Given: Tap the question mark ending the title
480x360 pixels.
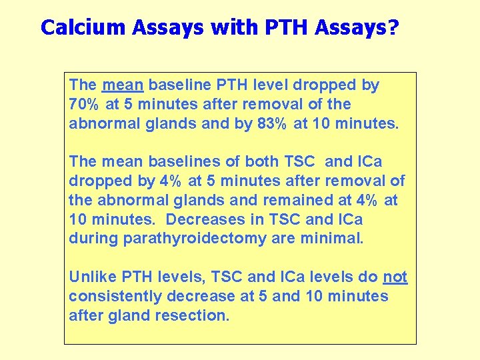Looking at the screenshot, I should click(x=393, y=27).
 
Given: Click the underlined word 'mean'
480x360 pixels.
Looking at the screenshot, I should click(x=123, y=85).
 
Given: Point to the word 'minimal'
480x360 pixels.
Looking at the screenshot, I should click(x=331, y=239).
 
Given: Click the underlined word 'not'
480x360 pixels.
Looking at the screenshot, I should click(x=395, y=277).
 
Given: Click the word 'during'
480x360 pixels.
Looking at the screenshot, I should click(x=93, y=239).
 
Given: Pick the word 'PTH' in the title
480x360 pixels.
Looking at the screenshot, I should click(x=289, y=27).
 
